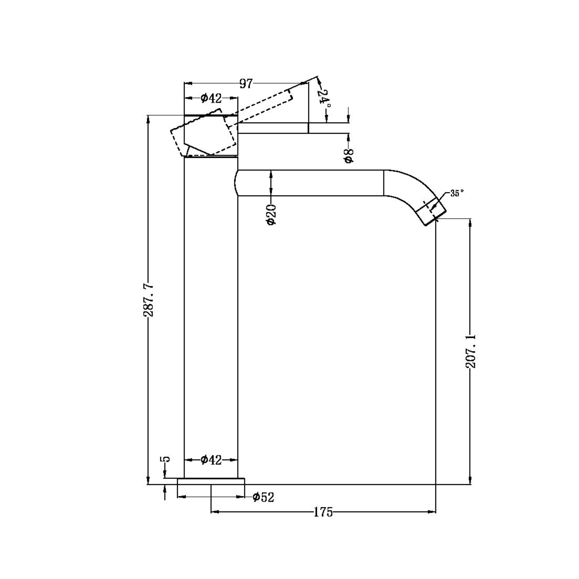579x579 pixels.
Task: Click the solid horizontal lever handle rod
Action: (x=273, y=128)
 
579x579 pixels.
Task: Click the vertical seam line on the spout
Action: (x=384, y=183)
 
